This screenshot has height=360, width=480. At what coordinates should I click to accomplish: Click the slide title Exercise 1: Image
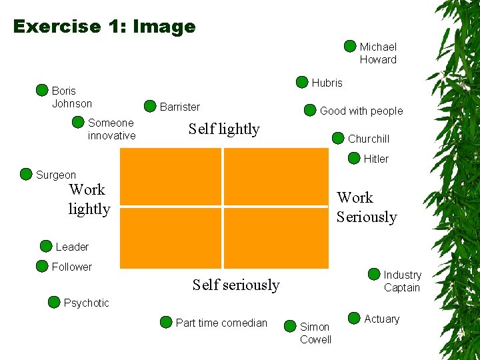104,27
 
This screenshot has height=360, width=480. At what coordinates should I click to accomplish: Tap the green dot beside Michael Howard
350,46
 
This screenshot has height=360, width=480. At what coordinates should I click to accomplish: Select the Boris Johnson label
72,97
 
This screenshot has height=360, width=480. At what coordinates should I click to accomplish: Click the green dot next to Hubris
302,83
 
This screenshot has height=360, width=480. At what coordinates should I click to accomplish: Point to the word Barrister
179,107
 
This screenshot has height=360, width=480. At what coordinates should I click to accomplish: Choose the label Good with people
361,111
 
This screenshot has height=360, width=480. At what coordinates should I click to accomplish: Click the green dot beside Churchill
338,138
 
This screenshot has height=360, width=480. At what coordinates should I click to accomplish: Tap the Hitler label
376,159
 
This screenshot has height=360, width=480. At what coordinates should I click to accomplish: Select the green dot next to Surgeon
26,175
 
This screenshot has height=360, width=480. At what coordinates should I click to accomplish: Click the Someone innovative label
111,129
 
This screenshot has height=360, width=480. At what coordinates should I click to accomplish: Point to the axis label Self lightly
224,129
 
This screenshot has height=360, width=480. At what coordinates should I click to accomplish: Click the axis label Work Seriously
366,207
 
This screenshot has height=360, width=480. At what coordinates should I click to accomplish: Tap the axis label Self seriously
236,285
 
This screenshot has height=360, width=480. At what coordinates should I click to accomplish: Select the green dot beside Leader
46,246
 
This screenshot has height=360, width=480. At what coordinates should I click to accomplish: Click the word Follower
72,267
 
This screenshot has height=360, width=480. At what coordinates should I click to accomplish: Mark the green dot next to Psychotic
54,302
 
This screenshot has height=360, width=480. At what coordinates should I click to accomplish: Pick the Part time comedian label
221,323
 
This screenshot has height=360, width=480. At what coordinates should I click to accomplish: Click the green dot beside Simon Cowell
290,326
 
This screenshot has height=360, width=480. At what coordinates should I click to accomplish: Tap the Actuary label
382,319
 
